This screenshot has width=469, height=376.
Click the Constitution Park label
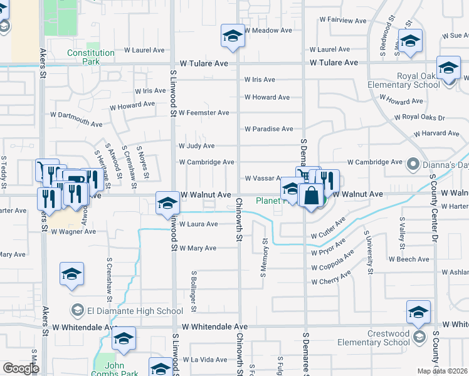pyautogui.click(x=91, y=58)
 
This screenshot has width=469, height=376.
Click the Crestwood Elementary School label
pyautogui.click(x=373, y=338)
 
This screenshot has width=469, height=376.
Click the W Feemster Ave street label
pyautogui.click(x=204, y=113)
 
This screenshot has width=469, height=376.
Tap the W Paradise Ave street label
pyautogui.click(x=268, y=129)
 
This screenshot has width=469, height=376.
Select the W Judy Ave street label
pyautogui.click(x=196, y=146)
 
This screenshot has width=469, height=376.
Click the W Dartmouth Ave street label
pyautogui.click(x=76, y=119)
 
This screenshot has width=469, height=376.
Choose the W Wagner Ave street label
pyautogui.click(x=73, y=232)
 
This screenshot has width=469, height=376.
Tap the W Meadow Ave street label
pyautogui.click(x=268, y=30)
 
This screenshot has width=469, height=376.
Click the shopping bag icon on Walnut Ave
pyautogui.click(x=312, y=195)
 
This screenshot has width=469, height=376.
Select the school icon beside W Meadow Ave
pyautogui.click(x=233, y=37)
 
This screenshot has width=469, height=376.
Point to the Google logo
pyautogui.click(x=21, y=368)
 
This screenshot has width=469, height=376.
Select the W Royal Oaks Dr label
pyautogui.click(x=419, y=117)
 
